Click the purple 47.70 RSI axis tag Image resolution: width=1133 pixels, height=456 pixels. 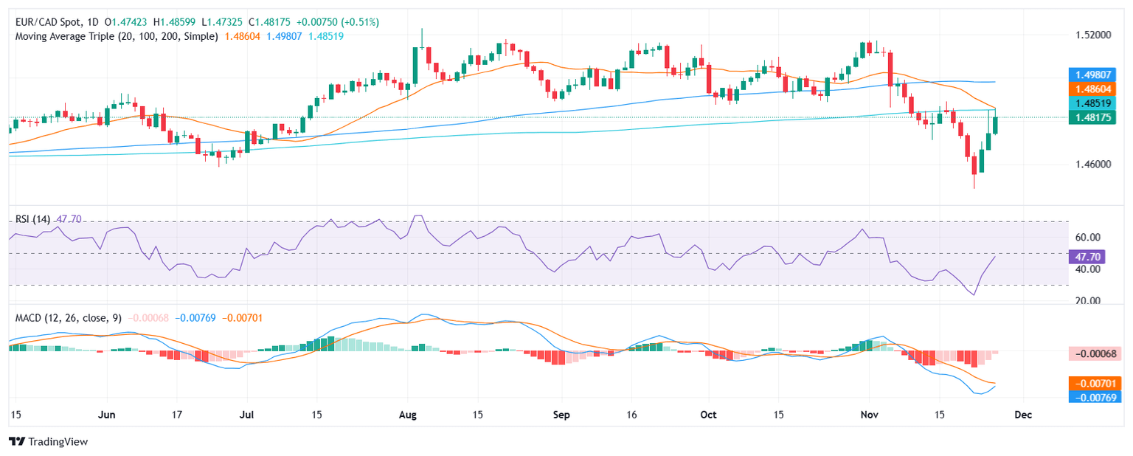point(1087,257)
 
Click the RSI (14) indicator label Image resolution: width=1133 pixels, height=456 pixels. point(33,219)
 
